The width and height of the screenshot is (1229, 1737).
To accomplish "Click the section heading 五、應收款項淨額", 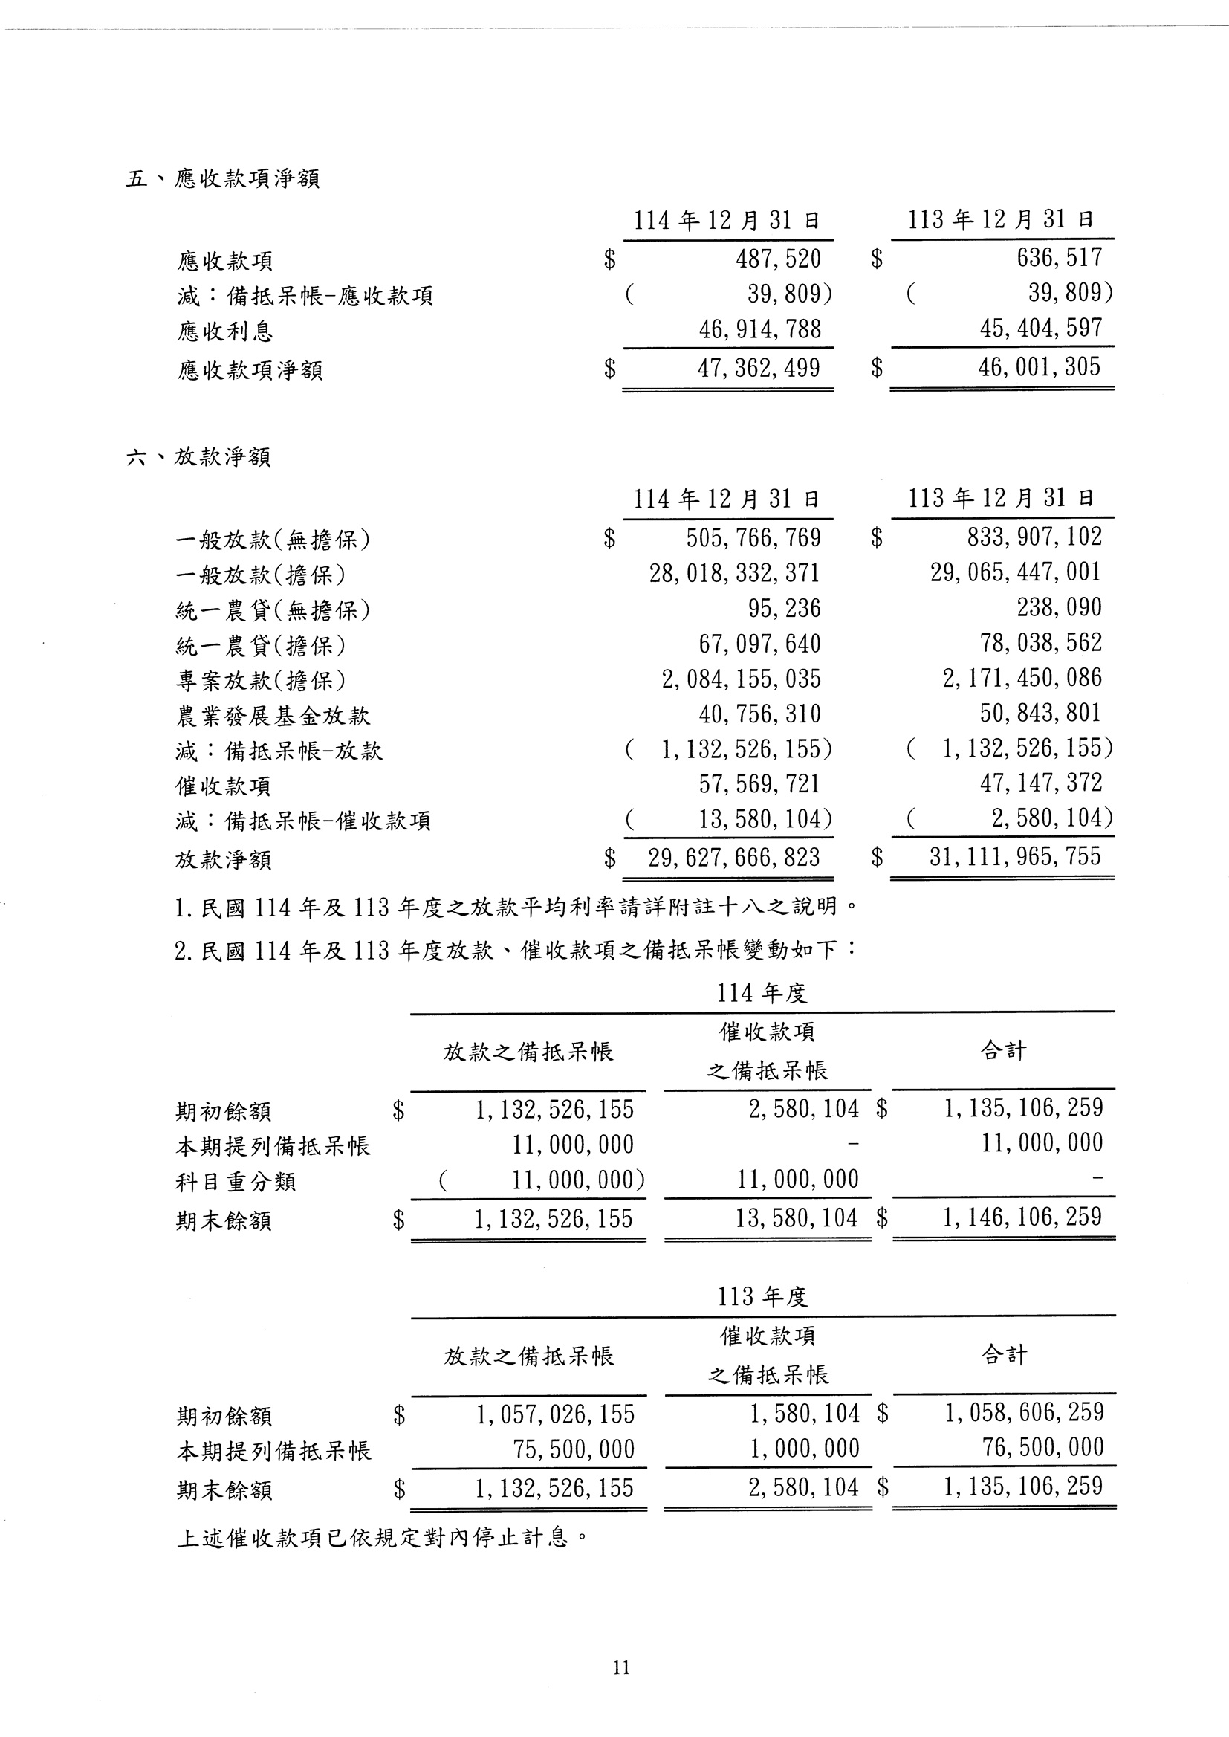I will [222, 178].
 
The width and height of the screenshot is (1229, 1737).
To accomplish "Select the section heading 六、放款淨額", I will [198, 456].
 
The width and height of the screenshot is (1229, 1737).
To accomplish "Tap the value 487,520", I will [778, 259].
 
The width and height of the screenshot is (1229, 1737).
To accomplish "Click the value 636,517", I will [1060, 257].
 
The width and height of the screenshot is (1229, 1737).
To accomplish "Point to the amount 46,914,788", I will [760, 329].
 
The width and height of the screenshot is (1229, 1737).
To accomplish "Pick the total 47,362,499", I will [759, 368].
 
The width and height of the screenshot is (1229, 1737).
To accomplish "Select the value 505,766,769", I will [753, 537].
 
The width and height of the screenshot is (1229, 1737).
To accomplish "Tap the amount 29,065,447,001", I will [1016, 572].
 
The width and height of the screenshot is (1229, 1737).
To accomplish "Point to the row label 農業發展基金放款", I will [273, 716].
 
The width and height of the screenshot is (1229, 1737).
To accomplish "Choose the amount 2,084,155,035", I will [741, 679].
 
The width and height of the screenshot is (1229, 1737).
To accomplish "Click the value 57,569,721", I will [759, 784].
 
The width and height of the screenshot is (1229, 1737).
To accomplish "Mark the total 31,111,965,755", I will [1015, 857].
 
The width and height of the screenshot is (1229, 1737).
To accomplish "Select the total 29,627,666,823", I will [734, 858].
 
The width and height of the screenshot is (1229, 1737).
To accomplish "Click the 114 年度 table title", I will [762, 993].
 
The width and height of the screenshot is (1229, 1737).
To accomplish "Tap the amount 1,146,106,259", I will [1022, 1217].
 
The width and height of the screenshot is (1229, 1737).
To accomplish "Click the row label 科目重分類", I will [236, 1182].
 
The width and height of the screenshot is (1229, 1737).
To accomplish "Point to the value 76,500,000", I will [1042, 1447].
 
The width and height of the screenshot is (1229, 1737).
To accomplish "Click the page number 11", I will [621, 1667].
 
